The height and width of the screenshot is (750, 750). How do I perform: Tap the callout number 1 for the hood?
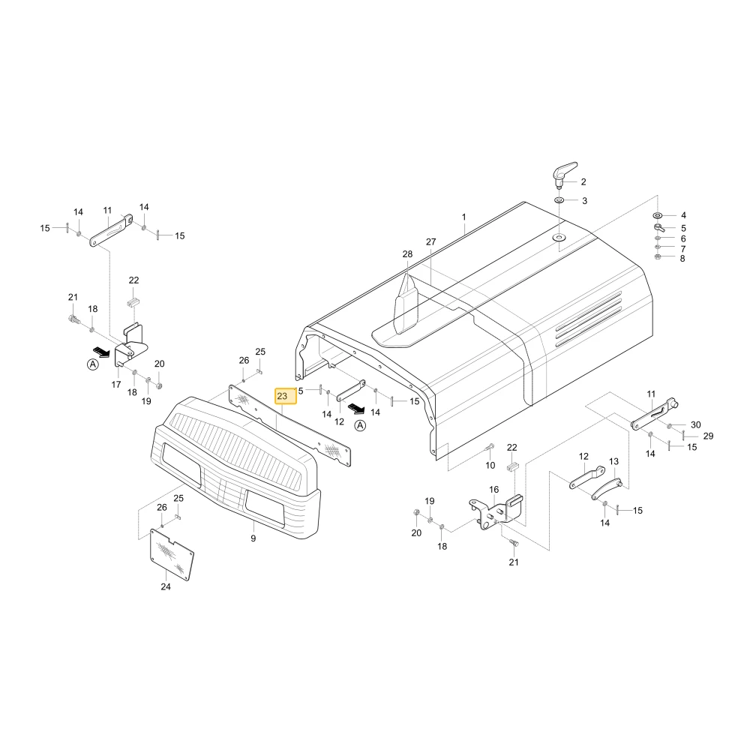point(463,217)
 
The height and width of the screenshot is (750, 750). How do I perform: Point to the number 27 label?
point(431,242)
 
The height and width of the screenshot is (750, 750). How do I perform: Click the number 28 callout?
point(407,254)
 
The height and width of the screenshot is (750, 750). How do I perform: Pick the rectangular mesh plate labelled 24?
point(172,554)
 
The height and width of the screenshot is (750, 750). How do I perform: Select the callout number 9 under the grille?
point(253,538)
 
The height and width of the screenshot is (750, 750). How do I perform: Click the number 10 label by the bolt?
point(490,465)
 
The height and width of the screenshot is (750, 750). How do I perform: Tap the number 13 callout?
point(613,461)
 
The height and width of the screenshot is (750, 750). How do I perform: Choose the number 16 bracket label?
point(493,489)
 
